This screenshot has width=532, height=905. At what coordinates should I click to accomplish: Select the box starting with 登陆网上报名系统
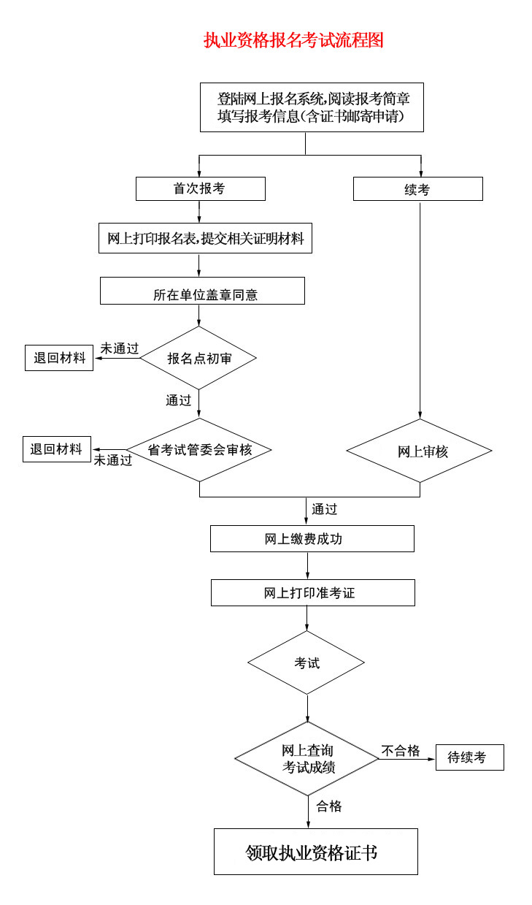pos(312,107)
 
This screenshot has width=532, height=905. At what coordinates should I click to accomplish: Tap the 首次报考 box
pos(200,188)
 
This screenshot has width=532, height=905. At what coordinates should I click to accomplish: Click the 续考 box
pos(417,189)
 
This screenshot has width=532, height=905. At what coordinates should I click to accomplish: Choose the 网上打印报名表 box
pos(205,238)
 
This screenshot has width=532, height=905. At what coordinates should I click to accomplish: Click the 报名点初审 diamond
pos(198,358)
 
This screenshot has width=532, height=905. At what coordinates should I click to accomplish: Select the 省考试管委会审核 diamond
pos(199,450)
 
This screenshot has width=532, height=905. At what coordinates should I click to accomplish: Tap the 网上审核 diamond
pos(419,451)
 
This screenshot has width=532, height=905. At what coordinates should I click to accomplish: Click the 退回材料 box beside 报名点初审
pos(59,358)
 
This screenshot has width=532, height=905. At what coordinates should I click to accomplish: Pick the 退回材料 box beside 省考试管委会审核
pos(57,449)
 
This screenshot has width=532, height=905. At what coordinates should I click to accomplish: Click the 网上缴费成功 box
pos(312,539)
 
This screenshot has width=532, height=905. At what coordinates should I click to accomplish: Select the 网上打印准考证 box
pos(312,592)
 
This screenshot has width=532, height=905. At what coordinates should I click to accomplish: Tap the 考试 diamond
pos(306,663)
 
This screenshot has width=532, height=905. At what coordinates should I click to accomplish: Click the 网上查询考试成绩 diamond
pos(307,759)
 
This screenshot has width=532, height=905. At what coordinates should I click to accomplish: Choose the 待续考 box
pos(469,757)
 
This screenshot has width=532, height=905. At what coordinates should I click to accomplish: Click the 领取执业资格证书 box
pos(315,852)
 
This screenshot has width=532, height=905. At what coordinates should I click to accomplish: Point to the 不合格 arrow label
pos(401,751)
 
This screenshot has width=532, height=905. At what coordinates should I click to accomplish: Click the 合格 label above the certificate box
pos(329,806)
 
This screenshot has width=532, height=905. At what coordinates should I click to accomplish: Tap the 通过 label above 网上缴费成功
pos(325,509)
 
